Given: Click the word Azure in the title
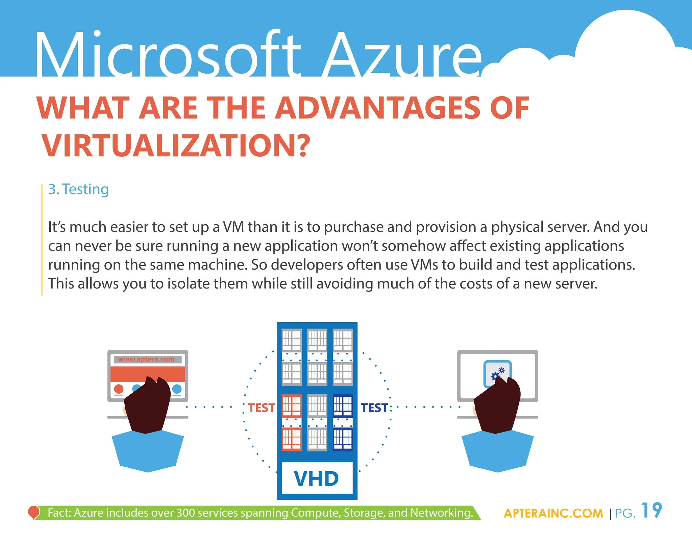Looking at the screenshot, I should (402, 56).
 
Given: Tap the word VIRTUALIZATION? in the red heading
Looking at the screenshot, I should (176, 146).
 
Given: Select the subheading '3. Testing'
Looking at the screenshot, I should (78, 189).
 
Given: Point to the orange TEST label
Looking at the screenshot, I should (261, 408).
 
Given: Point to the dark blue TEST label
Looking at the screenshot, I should (374, 408).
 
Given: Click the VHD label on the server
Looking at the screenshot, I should (317, 479).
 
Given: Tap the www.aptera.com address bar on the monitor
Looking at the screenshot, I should (146, 359).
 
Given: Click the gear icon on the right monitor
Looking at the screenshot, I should (497, 373).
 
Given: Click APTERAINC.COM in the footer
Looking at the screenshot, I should (553, 513).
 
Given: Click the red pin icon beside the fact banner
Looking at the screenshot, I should (33, 512).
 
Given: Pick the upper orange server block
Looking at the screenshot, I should (291, 405).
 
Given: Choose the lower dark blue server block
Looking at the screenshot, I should (343, 439).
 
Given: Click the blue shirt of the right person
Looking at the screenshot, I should (497, 451).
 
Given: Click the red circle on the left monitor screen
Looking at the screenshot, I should (119, 389).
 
